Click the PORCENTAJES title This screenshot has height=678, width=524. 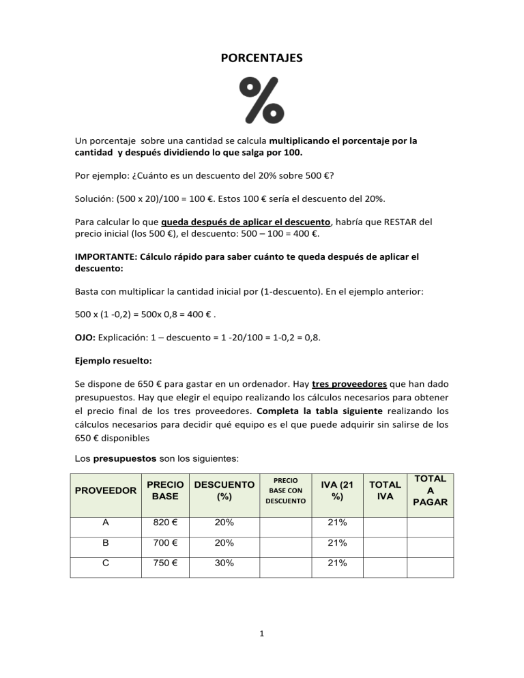(262, 59)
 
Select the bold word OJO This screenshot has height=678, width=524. (85, 318)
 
